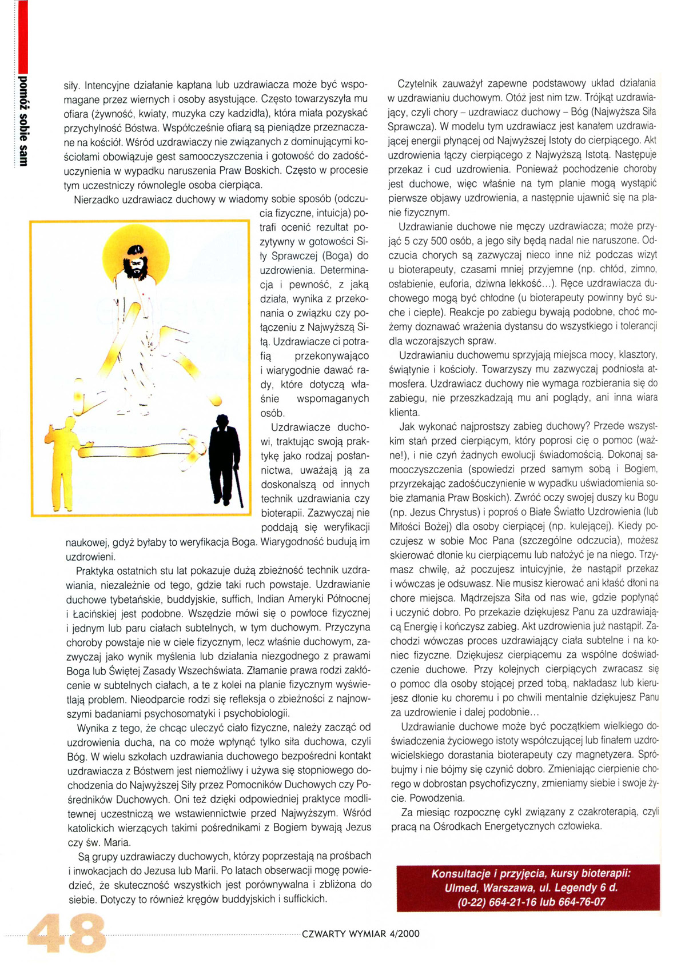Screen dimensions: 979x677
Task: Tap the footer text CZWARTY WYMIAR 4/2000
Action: tap(360, 934)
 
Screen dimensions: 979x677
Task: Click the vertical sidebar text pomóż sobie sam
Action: tap(23, 120)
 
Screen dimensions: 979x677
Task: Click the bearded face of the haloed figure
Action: tap(136, 261)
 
